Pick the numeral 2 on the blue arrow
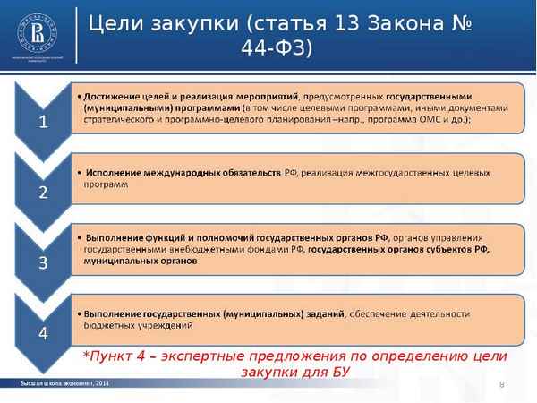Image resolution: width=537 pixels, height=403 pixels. coord(43,192)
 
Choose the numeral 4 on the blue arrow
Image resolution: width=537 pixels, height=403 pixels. coord(43,333)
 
